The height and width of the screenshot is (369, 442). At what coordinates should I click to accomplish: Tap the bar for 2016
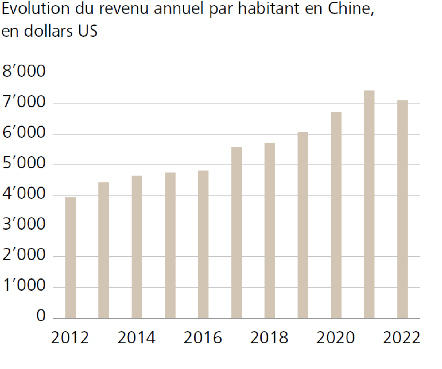click(x=203, y=244)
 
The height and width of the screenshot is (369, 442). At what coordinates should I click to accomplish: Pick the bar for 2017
click(x=236, y=233)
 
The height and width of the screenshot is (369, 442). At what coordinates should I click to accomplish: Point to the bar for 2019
click(x=303, y=225)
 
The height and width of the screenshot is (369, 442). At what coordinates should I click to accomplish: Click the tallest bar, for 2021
click(x=369, y=204)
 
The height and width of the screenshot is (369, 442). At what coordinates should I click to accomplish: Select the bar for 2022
click(x=402, y=209)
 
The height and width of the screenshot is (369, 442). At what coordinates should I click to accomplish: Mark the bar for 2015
click(x=170, y=245)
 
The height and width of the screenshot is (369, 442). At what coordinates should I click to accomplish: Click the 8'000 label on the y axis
click(x=24, y=71)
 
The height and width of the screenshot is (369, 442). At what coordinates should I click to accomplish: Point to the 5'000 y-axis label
click(x=24, y=163)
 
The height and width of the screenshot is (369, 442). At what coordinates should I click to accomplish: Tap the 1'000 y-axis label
click(x=24, y=285)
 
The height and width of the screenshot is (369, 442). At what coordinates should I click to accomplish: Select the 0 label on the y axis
click(x=41, y=316)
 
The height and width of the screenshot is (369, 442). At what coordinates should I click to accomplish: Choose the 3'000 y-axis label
click(x=24, y=224)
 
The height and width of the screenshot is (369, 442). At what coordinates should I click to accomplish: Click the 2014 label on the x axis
click(x=136, y=338)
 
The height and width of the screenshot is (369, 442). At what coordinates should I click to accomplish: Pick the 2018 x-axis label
click(x=269, y=338)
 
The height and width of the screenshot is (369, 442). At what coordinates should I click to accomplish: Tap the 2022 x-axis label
click(x=401, y=338)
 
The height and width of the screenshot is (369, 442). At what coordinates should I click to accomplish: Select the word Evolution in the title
click(x=36, y=8)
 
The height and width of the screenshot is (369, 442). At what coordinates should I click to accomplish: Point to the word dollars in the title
click(x=48, y=31)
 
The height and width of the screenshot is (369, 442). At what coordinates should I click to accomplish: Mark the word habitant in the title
click(x=269, y=8)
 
